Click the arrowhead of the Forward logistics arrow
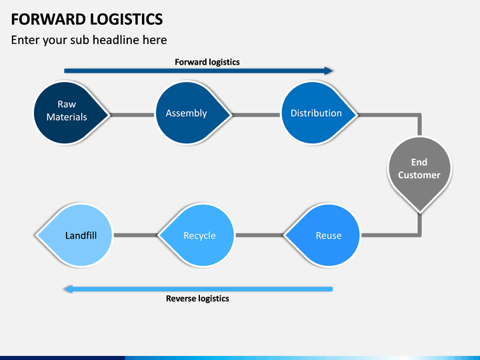tap(329, 71)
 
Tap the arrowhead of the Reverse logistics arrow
tap(68, 289)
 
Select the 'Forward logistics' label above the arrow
tap(207, 62)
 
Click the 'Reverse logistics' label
tap(197, 299)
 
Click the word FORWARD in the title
tap(49, 19)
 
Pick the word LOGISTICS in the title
tap(127, 19)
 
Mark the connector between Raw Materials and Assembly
tap(133, 115)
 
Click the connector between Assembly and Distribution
tap(257, 115)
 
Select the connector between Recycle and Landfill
tap(135, 235)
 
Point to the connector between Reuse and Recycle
tap(259, 235)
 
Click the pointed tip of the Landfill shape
tap(36, 235)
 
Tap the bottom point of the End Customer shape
tap(420, 212)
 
